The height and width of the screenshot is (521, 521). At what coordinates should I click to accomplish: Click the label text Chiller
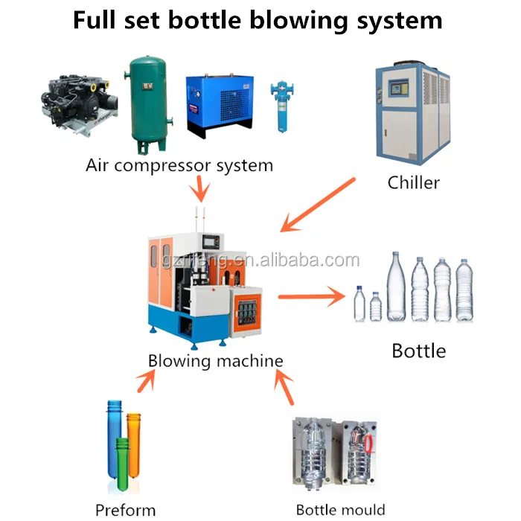click(414, 182)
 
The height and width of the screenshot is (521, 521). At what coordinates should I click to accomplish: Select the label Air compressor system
click(179, 164)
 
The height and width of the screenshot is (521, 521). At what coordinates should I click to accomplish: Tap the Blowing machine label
click(215, 361)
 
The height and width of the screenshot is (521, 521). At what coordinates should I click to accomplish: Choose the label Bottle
click(418, 350)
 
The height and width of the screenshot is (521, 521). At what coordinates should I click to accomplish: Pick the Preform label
click(125, 510)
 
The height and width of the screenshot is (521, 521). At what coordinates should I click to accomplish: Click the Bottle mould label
click(341, 510)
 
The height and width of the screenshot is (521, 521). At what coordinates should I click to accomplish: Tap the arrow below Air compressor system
click(199, 190)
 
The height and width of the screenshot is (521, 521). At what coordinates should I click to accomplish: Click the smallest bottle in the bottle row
click(359, 305)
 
